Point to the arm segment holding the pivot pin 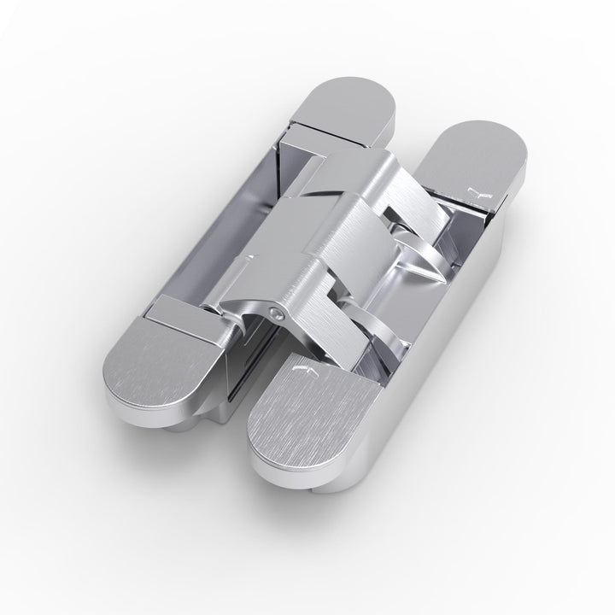[x=290, y=299]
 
